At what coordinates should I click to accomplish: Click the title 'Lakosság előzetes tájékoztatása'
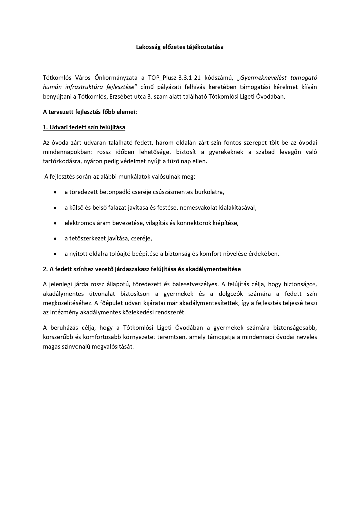[180, 47]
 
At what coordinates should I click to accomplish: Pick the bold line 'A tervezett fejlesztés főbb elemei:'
[90, 112]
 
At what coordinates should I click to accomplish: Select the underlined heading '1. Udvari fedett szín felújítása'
[84, 127]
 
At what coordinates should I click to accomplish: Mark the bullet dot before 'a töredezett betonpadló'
[55, 192]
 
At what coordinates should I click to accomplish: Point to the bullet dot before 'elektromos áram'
[55, 223]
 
